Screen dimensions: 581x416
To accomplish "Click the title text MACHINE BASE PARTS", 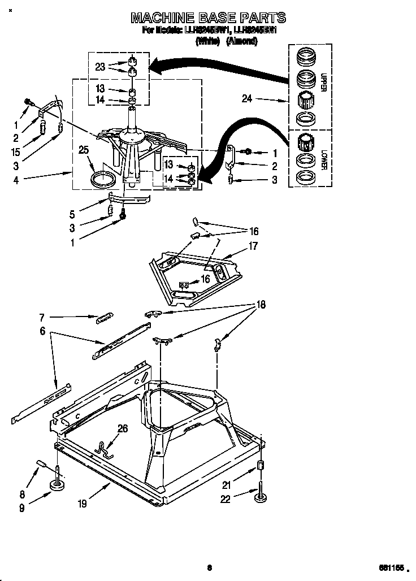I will click(207, 18).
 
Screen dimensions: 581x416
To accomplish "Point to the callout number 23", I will click(101, 66).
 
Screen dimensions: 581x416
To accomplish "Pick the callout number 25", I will click(84, 150).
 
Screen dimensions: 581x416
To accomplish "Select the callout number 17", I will click(253, 246).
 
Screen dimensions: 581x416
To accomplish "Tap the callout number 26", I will click(122, 429).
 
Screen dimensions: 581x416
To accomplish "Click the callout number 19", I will click(83, 504).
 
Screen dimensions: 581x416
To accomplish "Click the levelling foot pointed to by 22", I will click(261, 497).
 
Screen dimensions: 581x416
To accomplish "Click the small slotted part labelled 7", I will click(105, 318).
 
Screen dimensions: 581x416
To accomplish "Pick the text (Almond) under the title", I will click(242, 41).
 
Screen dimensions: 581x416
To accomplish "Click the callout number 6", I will click(42, 332).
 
